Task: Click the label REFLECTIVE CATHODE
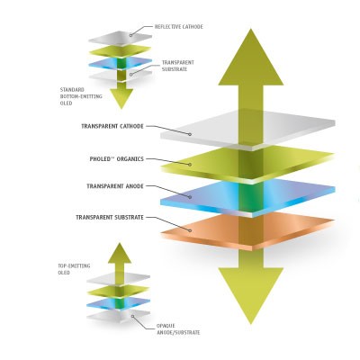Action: (x=179, y=27)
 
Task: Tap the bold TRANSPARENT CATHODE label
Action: (x=112, y=126)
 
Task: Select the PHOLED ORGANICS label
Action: (x=117, y=159)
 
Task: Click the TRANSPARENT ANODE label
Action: (x=115, y=186)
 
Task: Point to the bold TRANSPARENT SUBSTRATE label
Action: (x=110, y=217)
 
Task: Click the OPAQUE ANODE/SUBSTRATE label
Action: (x=178, y=329)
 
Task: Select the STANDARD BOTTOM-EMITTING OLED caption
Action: (x=81, y=96)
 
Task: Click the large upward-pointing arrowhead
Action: (x=251, y=57)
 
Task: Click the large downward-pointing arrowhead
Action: (x=251, y=296)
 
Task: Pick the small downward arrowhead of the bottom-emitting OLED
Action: (x=121, y=99)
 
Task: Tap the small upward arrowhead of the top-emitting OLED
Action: (x=120, y=253)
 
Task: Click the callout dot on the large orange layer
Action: (x=190, y=230)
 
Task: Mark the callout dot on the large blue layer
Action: (x=190, y=197)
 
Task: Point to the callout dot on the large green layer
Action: (x=190, y=165)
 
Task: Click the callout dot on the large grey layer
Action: (x=190, y=134)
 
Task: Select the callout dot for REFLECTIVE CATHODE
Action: (x=130, y=35)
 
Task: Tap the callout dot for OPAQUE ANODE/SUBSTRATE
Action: (x=132, y=316)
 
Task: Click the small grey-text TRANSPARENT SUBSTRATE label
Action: (x=178, y=66)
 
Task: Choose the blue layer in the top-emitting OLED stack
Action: (x=119, y=302)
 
